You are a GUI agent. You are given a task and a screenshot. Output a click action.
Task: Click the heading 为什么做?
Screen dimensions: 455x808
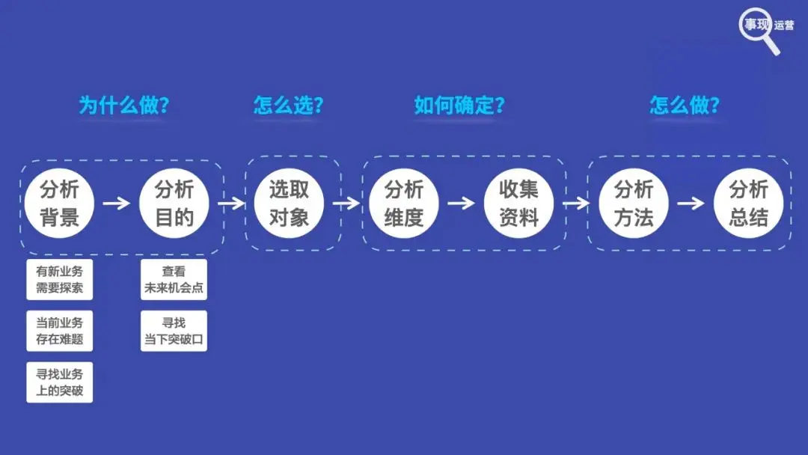tap(124, 106)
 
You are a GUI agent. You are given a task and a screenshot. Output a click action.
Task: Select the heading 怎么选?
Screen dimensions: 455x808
tap(289, 106)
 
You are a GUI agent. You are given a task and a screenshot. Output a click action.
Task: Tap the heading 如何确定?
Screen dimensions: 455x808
tap(459, 106)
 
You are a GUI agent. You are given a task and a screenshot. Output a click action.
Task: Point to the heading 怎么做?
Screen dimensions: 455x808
tap(685, 106)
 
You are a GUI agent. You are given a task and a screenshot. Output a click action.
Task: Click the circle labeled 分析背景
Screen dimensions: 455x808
tap(58, 203)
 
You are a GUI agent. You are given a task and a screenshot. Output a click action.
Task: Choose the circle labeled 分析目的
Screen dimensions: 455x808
tap(174, 203)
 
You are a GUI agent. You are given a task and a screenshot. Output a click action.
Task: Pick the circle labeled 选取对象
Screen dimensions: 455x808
tap(289, 203)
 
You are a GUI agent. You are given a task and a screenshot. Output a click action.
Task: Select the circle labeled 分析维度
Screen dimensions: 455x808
tap(404, 203)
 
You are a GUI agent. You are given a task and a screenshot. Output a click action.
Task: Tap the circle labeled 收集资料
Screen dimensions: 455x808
tap(518, 203)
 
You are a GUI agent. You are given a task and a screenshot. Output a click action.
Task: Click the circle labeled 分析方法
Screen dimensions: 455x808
tap(634, 203)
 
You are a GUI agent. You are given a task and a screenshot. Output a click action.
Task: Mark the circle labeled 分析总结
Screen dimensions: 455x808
tap(749, 203)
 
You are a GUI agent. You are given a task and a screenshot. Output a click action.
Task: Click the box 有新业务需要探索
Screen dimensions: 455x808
tap(60, 279)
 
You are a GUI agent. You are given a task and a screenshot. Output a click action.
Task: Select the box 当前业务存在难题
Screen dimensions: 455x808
tap(60, 331)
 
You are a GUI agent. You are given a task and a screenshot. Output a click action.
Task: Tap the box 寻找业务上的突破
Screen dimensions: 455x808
tap(60, 382)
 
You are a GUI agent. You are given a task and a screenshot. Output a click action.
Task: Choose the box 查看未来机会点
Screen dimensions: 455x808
tap(174, 279)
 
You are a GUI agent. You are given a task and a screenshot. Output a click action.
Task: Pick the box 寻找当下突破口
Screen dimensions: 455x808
tap(174, 331)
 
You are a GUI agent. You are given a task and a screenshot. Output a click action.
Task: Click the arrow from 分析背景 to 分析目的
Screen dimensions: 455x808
tap(116, 203)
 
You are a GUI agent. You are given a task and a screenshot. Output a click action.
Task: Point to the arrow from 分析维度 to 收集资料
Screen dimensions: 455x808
tap(461, 203)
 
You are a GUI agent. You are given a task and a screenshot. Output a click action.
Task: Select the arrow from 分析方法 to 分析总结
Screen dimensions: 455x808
tap(691, 203)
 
